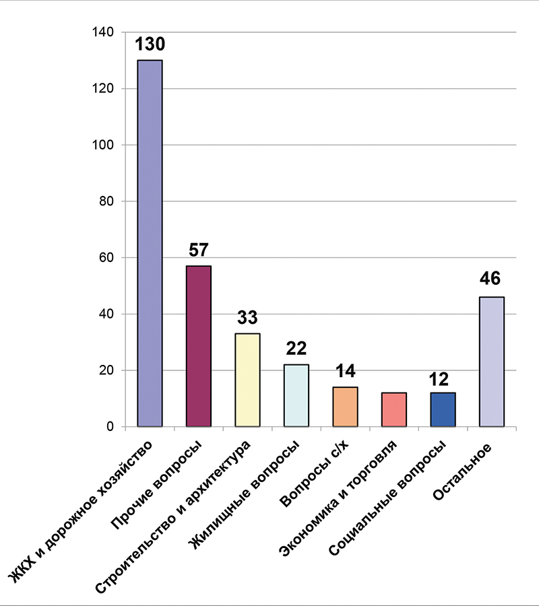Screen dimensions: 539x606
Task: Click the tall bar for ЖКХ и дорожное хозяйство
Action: (150, 243)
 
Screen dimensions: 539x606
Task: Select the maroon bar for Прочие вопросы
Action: (199, 346)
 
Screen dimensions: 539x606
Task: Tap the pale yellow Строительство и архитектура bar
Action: (247, 380)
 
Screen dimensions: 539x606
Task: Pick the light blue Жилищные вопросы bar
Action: (296, 395)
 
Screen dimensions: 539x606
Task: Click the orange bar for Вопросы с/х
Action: (345, 407)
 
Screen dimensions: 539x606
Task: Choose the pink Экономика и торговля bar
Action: (394, 409)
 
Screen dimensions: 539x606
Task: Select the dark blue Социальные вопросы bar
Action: (443, 409)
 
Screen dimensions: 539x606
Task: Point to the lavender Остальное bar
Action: (492, 362)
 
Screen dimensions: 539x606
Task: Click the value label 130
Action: (150, 44)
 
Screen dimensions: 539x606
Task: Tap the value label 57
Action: (199, 250)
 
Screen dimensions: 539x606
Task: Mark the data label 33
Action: (247, 317)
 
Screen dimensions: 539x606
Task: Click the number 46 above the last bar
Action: (490, 278)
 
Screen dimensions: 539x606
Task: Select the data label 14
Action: (345, 371)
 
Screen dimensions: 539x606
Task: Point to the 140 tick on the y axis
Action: (103, 32)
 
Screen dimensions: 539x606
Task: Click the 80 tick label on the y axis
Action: (106, 201)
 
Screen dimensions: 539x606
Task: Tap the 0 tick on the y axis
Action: (110, 427)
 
